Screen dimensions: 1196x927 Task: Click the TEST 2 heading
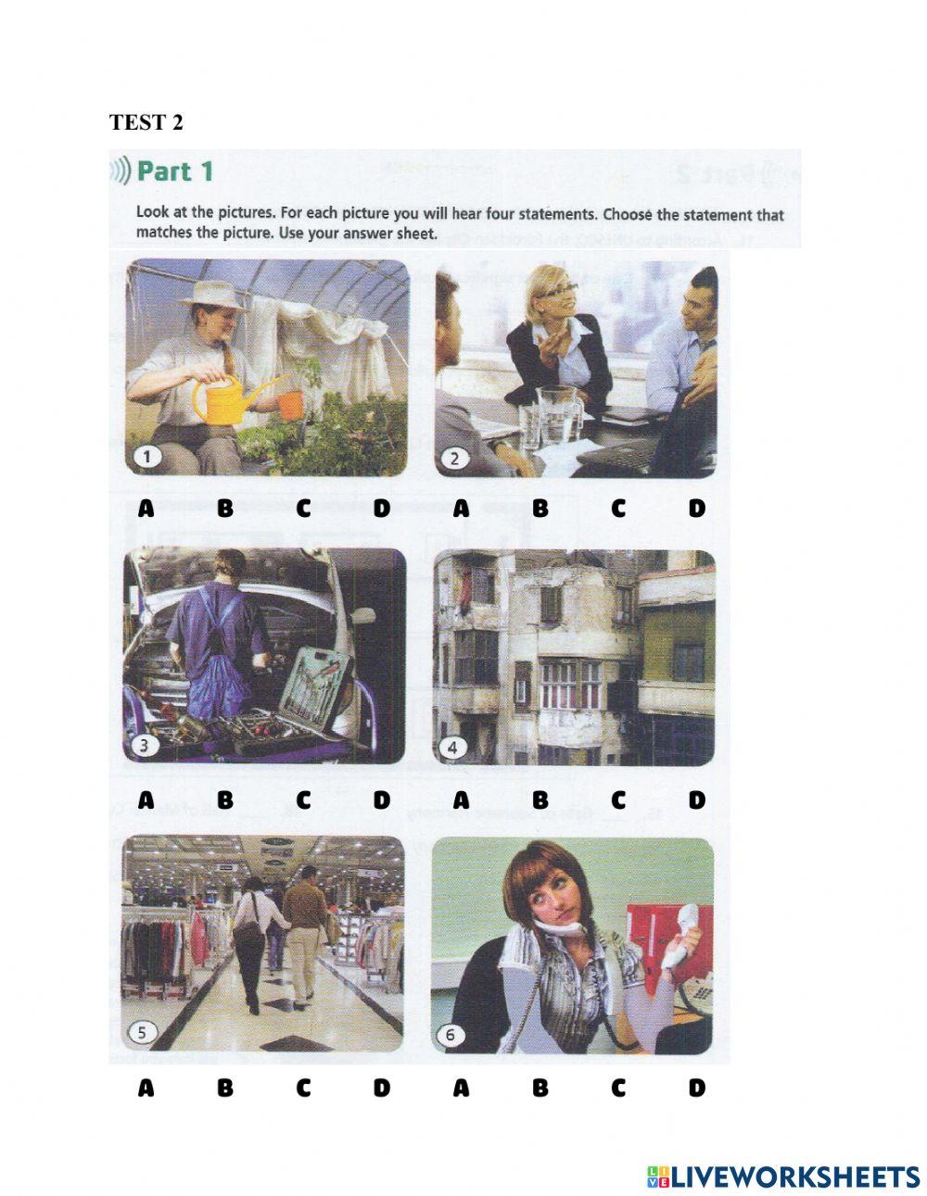[x=146, y=122]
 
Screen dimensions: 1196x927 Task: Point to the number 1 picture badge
[x=147, y=456]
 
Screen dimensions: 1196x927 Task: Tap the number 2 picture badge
[x=456, y=457]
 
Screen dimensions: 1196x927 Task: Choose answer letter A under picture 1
[x=146, y=508]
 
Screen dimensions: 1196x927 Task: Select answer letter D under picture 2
[x=696, y=508]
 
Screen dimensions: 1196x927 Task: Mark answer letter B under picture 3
[x=225, y=799]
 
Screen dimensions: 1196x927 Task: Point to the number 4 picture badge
[x=453, y=746]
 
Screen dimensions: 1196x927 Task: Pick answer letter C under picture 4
[x=618, y=799]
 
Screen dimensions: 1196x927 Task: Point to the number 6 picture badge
[x=451, y=1034]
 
